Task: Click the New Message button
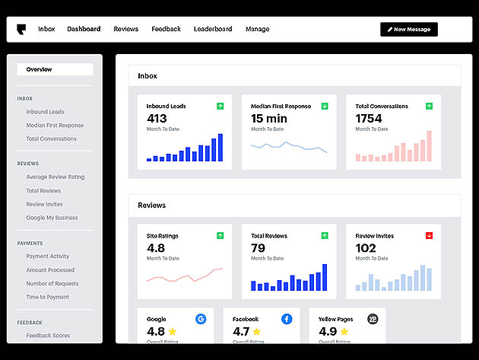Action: tap(409, 30)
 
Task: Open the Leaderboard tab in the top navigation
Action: tap(213, 29)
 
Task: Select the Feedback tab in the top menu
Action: tap(167, 29)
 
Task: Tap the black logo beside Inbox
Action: tap(21, 30)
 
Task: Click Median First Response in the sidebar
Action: tap(55, 126)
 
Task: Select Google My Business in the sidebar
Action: tap(52, 218)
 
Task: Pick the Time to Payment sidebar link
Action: tap(48, 297)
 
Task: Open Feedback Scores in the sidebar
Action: tap(48, 336)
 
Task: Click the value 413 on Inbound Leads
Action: tap(157, 119)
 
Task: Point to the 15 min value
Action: tap(269, 119)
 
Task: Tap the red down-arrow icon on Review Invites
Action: tap(429, 235)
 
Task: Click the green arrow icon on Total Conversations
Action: tap(429, 106)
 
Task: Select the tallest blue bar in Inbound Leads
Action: tap(220, 148)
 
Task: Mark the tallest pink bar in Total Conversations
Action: tap(430, 146)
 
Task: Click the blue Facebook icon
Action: tap(287, 319)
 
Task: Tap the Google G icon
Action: tap(201, 319)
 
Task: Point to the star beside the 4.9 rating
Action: tap(344, 331)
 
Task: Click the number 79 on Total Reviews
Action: tap(258, 248)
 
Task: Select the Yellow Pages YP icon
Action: tap(373, 319)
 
